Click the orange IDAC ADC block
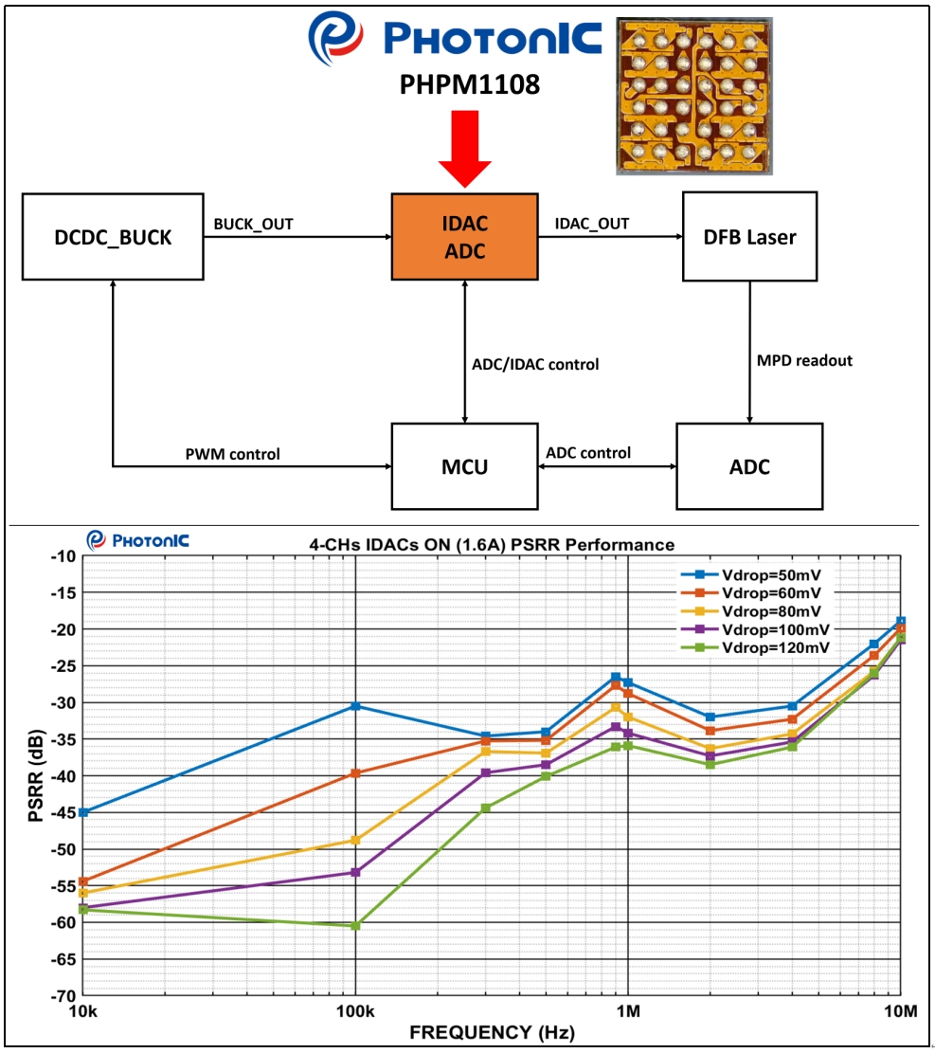click(464, 237)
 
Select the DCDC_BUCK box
click(113, 237)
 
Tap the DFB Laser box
click(749, 237)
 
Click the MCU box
click(464, 466)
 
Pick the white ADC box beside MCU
click(749, 466)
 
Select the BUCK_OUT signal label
click(253, 225)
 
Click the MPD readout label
click(804, 360)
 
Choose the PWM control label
click(233, 454)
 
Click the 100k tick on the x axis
click(355, 1011)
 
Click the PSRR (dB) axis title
click(35, 775)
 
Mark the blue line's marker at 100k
click(355, 706)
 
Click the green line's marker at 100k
click(355, 926)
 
